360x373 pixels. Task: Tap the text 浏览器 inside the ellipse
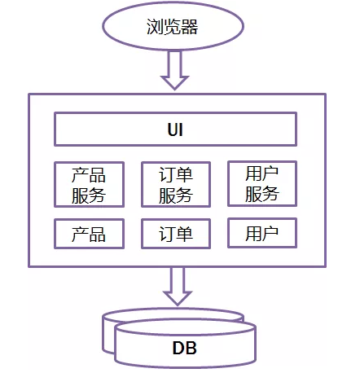(x=173, y=26)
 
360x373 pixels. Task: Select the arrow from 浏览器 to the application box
(x=174, y=70)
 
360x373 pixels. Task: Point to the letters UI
(x=175, y=129)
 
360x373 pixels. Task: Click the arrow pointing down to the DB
(x=178, y=286)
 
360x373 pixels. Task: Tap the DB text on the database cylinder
(x=185, y=348)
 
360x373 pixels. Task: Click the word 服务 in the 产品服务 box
(x=89, y=195)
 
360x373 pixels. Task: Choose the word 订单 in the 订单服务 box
(x=176, y=175)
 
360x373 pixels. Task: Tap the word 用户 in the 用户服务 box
(x=262, y=173)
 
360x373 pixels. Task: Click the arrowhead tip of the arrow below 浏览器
(x=174, y=90)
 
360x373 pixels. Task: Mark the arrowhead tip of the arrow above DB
(x=178, y=305)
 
